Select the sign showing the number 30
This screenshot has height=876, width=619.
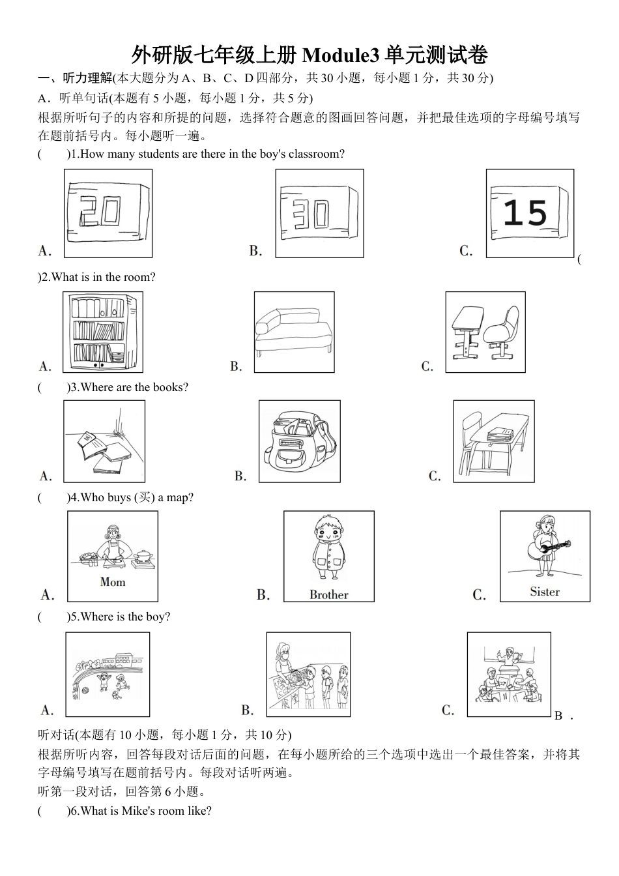(x=319, y=212)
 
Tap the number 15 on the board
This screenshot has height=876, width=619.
(x=525, y=213)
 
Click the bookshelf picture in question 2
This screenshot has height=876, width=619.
(x=103, y=332)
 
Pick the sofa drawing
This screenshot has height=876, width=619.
(x=294, y=332)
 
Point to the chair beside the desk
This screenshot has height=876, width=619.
(x=502, y=332)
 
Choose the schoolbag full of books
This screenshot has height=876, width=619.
(x=300, y=441)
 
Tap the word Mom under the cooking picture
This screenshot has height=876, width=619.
(x=113, y=582)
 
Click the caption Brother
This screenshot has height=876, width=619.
(x=329, y=595)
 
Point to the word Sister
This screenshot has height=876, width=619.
(x=545, y=592)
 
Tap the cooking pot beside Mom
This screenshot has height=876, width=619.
(x=143, y=557)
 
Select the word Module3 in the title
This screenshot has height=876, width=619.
(x=341, y=55)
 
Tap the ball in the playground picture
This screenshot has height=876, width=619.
(x=86, y=690)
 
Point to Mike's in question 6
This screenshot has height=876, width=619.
(x=136, y=811)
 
